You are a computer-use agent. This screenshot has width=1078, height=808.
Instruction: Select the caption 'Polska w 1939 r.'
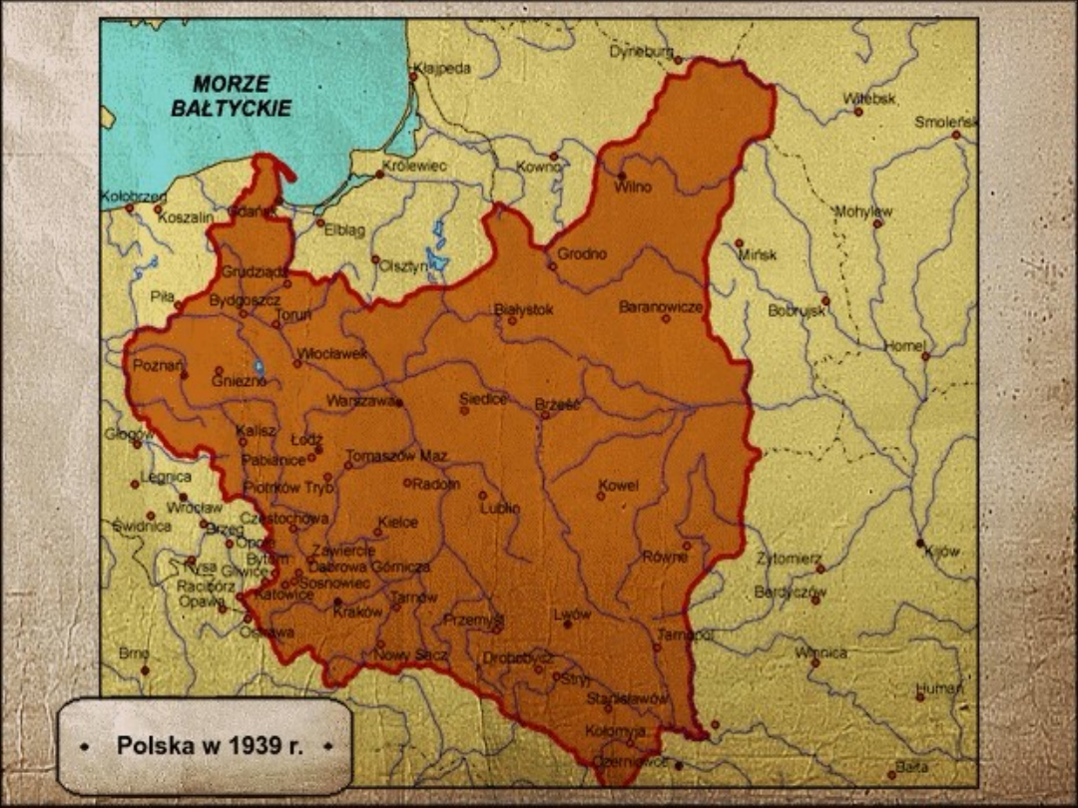point(210,745)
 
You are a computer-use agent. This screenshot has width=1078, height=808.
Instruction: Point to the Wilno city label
point(633,187)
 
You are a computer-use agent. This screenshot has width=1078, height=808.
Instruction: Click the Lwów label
point(572,614)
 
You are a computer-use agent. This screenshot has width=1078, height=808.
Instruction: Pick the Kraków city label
point(357,612)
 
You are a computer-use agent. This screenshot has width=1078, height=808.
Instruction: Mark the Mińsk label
point(758,254)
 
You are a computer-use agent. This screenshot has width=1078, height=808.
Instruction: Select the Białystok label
point(524,309)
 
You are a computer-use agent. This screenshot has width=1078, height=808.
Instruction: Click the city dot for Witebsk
point(857,112)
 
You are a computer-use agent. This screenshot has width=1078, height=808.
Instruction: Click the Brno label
point(134,652)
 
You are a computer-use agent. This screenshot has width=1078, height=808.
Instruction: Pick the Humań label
point(939,688)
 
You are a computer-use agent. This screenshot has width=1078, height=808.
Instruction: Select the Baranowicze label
point(661,306)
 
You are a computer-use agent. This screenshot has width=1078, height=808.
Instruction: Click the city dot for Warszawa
point(399,403)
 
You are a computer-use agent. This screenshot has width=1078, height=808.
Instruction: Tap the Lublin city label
point(499,507)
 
